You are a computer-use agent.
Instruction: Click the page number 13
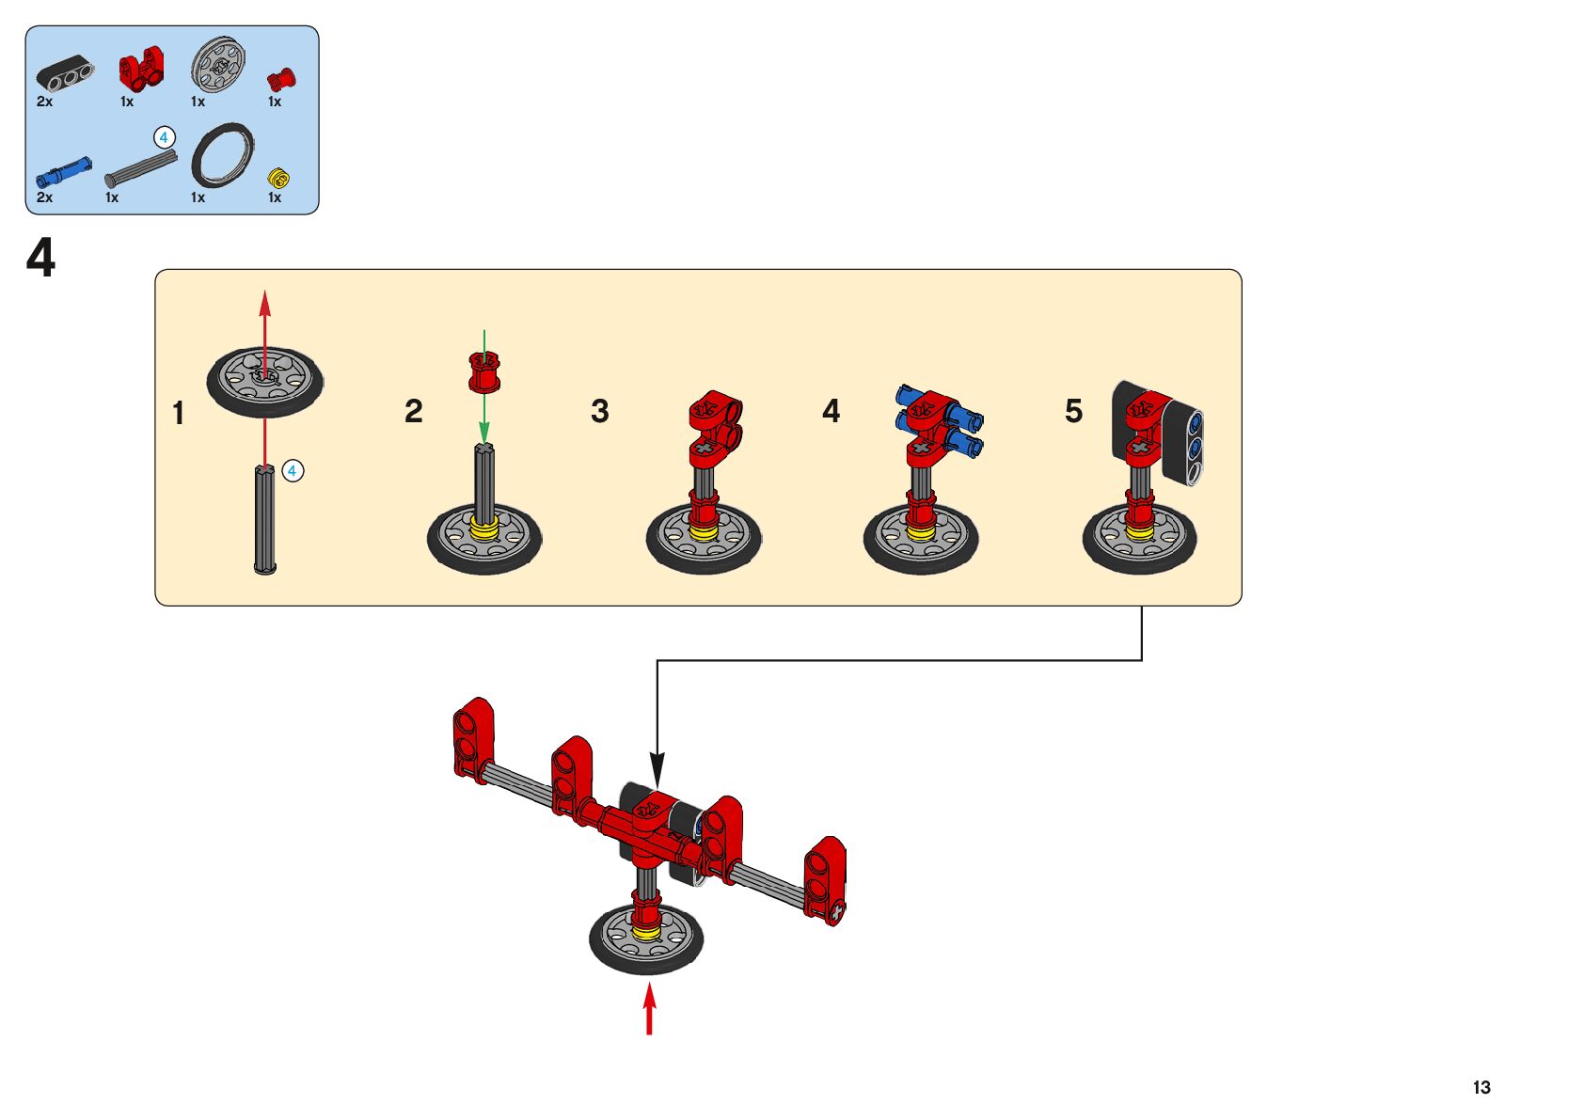pos(1481,1087)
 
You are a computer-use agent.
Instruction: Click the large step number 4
pos(40,258)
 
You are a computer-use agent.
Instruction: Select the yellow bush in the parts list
pos(278,178)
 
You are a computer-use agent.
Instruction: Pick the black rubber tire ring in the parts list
pos(223,155)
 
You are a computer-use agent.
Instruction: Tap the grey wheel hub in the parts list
pos(218,64)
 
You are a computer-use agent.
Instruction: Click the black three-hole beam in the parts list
pos(65,73)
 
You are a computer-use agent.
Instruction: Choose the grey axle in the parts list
pos(141,169)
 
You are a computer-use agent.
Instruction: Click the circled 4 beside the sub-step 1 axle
pos(293,471)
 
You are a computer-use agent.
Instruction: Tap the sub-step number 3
pos(600,411)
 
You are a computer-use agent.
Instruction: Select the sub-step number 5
pos(1073,411)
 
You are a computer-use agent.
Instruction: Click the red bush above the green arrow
pos(484,372)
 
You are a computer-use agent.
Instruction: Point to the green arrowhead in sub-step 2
pos(484,433)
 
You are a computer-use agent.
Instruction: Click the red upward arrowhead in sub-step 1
pos(265,303)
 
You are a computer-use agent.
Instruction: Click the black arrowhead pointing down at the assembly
pos(657,769)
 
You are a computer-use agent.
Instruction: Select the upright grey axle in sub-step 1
pos(265,519)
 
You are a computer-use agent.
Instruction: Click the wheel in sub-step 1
pos(265,382)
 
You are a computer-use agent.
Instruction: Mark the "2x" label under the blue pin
pos(44,197)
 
